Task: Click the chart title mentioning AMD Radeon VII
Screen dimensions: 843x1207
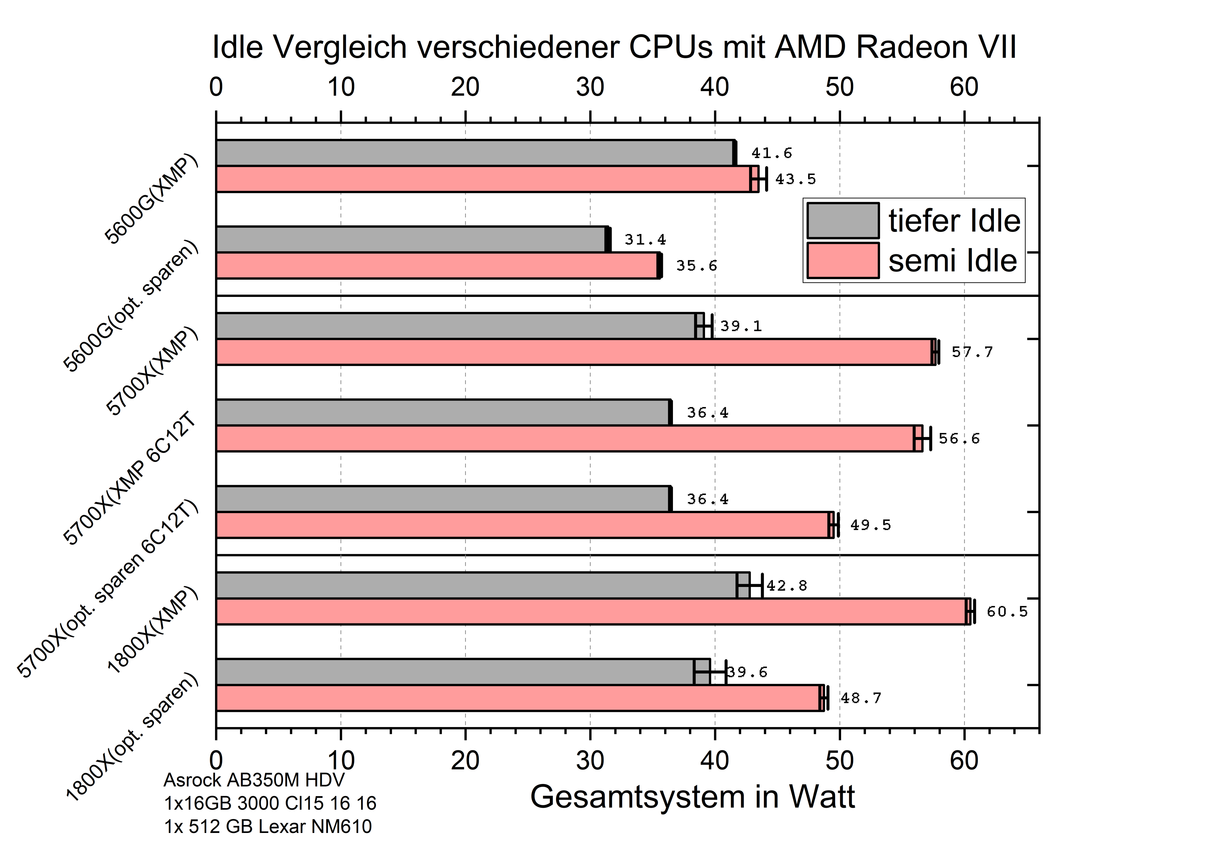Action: pos(614,47)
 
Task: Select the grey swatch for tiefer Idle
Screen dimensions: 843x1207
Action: pos(843,221)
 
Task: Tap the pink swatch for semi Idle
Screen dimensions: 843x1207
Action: pos(843,260)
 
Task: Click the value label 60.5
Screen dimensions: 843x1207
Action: pos(1007,612)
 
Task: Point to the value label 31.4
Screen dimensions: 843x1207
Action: pos(645,240)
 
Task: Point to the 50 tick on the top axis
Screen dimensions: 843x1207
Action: pos(840,87)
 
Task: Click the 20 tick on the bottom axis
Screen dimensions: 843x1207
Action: pos(465,760)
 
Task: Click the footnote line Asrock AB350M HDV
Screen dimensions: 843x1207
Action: pos(254,780)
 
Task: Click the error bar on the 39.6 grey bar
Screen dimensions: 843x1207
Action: pos(710,672)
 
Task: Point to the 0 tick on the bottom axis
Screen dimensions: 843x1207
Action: pos(216,760)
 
